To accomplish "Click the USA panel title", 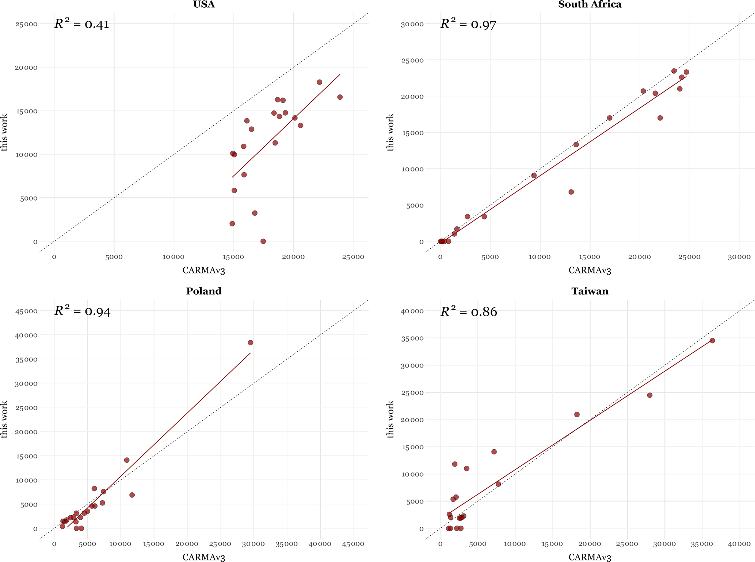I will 204,4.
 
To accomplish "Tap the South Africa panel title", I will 590,4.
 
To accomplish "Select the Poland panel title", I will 204,291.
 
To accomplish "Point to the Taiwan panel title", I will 590,291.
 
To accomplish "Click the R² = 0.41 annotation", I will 82,24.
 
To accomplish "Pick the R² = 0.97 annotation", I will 468,24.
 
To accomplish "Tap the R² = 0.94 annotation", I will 83,311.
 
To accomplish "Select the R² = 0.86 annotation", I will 469,311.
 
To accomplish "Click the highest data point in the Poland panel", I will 250,342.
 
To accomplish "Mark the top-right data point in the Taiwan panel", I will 712,341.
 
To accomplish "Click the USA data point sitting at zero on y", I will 263,241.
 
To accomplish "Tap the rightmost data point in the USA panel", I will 340,97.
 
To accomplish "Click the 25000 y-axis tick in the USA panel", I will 26,24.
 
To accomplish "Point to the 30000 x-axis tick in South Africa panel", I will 739,257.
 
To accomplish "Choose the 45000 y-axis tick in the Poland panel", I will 26,311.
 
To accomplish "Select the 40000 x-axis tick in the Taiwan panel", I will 739,544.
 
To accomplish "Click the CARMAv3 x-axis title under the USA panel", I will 204,270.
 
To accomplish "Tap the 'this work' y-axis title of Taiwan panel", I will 390,419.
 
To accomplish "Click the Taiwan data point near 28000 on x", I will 649,395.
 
